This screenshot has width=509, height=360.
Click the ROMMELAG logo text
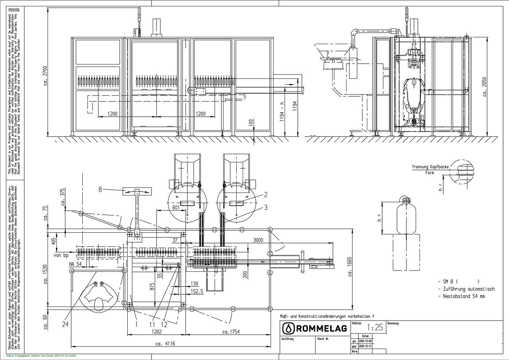pyautogui.click(x=322, y=328)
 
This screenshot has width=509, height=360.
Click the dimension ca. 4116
pyautogui.click(x=165, y=344)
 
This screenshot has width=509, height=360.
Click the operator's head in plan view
pyautogui.click(x=99, y=303)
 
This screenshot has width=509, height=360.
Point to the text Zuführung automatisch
pyautogui.click(x=468, y=289)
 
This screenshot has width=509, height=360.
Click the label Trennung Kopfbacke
pyautogui.click(x=430, y=167)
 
